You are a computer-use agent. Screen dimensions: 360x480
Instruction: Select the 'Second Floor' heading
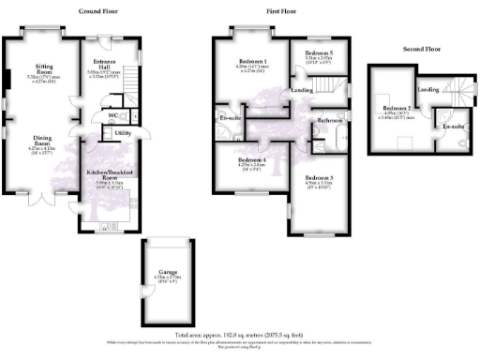click(421, 48)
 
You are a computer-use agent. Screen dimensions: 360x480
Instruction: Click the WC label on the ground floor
click(112, 117)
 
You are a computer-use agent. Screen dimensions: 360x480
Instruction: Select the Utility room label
click(121, 134)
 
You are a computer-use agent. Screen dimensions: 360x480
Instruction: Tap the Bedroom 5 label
click(319, 52)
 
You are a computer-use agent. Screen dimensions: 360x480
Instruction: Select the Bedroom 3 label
click(319, 178)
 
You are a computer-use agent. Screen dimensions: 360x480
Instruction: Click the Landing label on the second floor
click(428, 90)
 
